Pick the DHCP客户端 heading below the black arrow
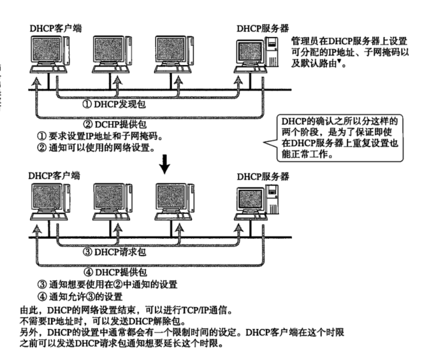55,175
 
